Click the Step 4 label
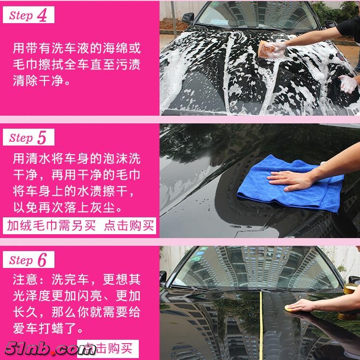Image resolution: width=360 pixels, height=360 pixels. (28, 15)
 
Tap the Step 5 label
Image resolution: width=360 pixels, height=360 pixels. (28, 137)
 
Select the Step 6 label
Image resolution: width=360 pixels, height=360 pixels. (28, 260)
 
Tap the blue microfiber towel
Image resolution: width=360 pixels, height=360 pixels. (291, 183)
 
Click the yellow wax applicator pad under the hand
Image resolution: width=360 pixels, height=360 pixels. (289, 309)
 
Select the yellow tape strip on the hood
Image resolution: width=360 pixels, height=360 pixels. (261, 326)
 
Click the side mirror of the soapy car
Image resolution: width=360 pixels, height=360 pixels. (188, 18)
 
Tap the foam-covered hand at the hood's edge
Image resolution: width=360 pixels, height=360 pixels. (348, 84)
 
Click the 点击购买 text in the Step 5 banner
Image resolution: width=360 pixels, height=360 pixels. (129, 226)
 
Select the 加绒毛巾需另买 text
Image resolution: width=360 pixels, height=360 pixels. (51, 226)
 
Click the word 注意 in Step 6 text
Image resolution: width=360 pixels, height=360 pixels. (25, 280)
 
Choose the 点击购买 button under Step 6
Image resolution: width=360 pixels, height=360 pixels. (108, 348)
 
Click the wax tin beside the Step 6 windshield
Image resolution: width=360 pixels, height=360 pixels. (350, 289)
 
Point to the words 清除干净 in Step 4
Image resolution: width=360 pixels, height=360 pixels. (38, 80)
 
